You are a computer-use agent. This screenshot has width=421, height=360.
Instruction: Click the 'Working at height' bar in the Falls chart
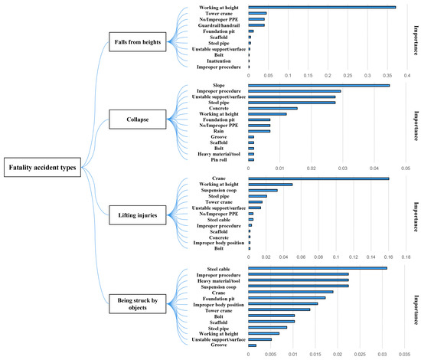(321, 8)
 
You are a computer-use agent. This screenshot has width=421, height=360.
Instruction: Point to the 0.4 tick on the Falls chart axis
(406, 75)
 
